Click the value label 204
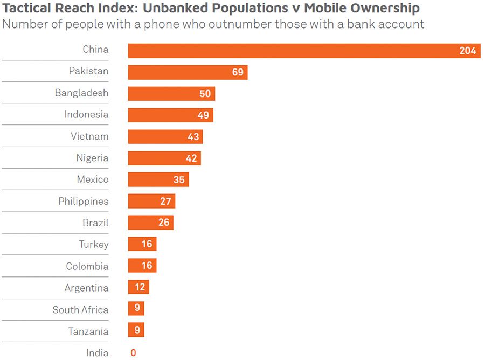(x=467, y=51)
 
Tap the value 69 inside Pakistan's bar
(x=238, y=72)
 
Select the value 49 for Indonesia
(x=204, y=115)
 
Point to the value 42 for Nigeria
(x=191, y=158)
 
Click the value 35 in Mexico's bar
(x=179, y=180)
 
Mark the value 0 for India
(x=133, y=353)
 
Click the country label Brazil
(x=95, y=223)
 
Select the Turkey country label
(x=94, y=244)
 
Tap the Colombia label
(x=87, y=266)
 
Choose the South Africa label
(x=80, y=310)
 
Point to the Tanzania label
(x=88, y=331)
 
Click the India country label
(x=98, y=353)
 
